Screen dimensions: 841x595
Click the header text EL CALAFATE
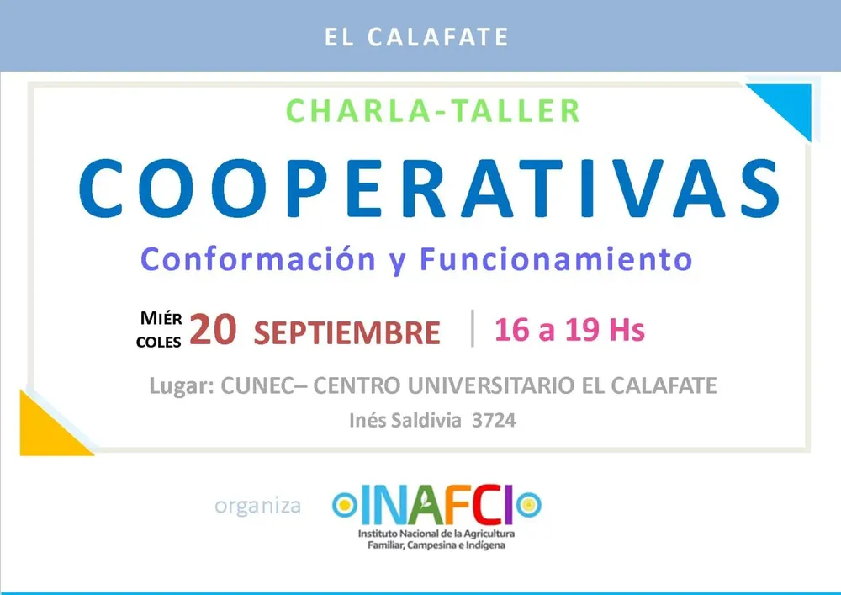pos(416,37)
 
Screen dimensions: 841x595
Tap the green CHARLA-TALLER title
pos(433,111)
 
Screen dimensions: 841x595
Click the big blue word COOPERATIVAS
pos(429,188)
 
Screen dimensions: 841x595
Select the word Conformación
pos(258,259)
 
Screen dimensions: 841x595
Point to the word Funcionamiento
pos(556,259)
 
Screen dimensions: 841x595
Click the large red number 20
pos(213,329)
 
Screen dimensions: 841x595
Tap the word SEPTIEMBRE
pos(347,332)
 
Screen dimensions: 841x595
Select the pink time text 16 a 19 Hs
pos(569,329)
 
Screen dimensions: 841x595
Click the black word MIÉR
pos(161,318)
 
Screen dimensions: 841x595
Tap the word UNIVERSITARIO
pos(491,385)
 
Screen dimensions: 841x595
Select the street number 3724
pos(494,420)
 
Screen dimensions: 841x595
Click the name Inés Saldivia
pos(405,420)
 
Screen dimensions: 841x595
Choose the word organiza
pos(257,506)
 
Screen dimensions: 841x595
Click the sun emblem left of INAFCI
pos(344,505)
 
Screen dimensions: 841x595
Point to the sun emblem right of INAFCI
pos(529,505)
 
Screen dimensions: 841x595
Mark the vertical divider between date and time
pos(473,328)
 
